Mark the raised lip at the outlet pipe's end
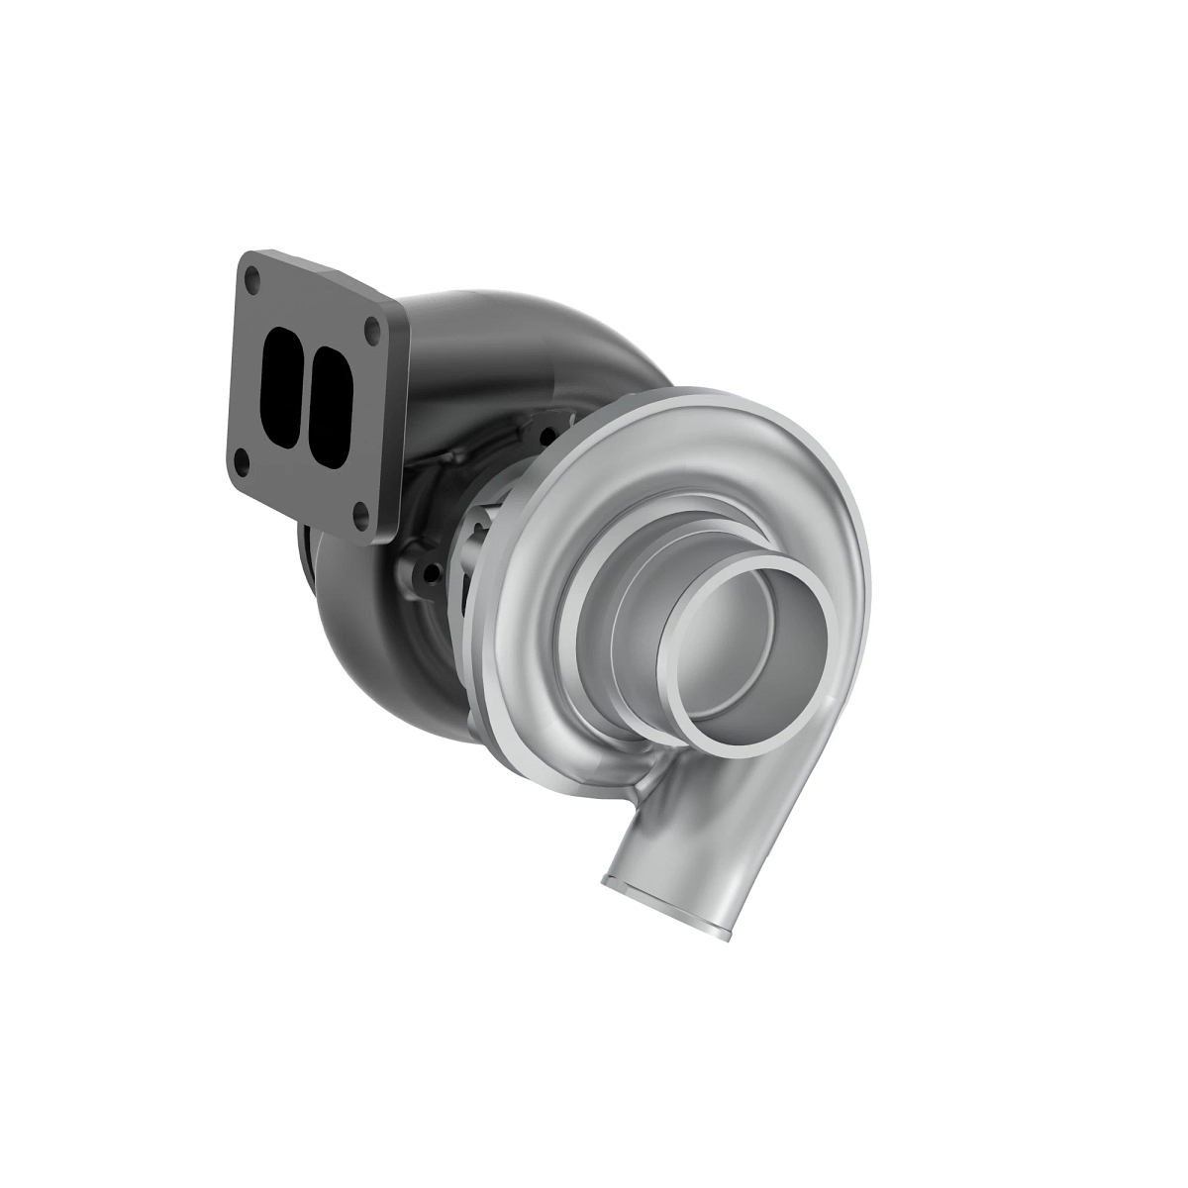tap(667, 906)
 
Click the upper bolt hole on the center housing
tap(544, 433)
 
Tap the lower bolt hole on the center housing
tap(428, 571)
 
